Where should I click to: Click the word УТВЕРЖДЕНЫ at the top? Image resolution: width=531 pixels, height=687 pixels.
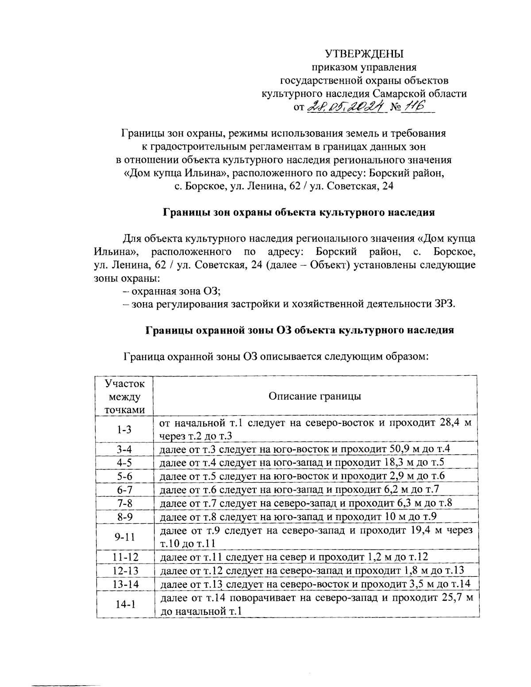point(364,54)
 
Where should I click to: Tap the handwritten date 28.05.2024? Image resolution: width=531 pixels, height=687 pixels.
point(346,107)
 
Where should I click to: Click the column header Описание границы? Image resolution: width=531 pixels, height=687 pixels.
point(315,396)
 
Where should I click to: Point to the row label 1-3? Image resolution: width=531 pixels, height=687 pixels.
point(124,430)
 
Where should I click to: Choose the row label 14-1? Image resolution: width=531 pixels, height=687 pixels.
point(125,604)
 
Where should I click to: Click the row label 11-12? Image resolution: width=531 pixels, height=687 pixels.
point(125,557)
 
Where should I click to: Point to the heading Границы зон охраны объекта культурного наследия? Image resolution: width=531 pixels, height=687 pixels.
point(299,212)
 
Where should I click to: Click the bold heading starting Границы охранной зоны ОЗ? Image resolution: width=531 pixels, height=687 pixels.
point(300,330)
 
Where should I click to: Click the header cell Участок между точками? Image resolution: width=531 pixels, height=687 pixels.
point(125,396)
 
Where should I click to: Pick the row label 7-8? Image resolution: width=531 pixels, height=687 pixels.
point(125,503)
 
